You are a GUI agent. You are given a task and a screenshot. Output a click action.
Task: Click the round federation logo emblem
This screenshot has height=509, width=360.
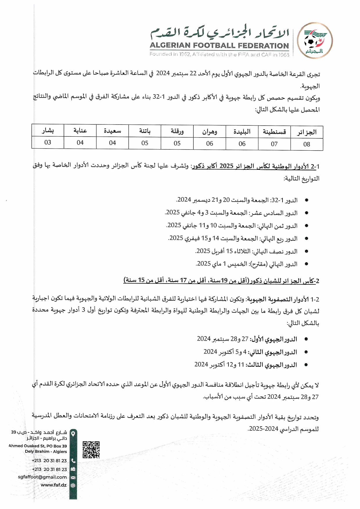315,41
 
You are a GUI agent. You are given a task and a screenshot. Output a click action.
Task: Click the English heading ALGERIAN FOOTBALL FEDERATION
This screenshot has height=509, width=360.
219,46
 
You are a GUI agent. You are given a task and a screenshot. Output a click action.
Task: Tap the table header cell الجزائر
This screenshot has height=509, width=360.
307,132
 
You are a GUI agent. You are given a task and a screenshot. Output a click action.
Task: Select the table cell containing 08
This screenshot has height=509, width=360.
307,144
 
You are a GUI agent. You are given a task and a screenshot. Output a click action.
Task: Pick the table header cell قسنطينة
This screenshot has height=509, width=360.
274,132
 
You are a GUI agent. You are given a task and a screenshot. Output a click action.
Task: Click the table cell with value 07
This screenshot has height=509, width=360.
274,144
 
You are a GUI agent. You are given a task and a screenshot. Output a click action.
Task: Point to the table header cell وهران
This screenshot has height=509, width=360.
210,132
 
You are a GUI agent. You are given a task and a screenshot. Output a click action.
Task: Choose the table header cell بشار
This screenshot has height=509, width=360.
48,131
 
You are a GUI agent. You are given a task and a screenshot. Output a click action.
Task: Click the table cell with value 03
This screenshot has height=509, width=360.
48,142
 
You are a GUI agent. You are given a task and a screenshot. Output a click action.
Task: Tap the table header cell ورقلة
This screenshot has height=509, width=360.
177,131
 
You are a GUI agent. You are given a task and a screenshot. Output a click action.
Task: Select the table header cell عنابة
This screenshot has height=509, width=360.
80,131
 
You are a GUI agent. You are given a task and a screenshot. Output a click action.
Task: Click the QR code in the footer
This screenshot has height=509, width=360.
91,450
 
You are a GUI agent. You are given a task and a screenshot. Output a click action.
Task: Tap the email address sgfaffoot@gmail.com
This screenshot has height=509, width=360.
42,477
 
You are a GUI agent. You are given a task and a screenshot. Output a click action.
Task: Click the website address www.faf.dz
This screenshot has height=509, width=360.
54,485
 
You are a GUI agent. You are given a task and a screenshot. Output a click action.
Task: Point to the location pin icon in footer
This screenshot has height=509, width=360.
73,434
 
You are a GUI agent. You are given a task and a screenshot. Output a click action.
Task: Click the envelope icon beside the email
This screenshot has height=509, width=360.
73,477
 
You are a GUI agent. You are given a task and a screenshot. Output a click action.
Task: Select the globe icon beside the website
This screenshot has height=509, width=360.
73,485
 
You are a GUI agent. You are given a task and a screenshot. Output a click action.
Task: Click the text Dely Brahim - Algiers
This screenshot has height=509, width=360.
46,452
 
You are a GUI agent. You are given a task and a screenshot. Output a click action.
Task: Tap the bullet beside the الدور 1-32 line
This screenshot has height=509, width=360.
306,200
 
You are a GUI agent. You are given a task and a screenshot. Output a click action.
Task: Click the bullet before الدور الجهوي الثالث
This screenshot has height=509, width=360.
306,365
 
